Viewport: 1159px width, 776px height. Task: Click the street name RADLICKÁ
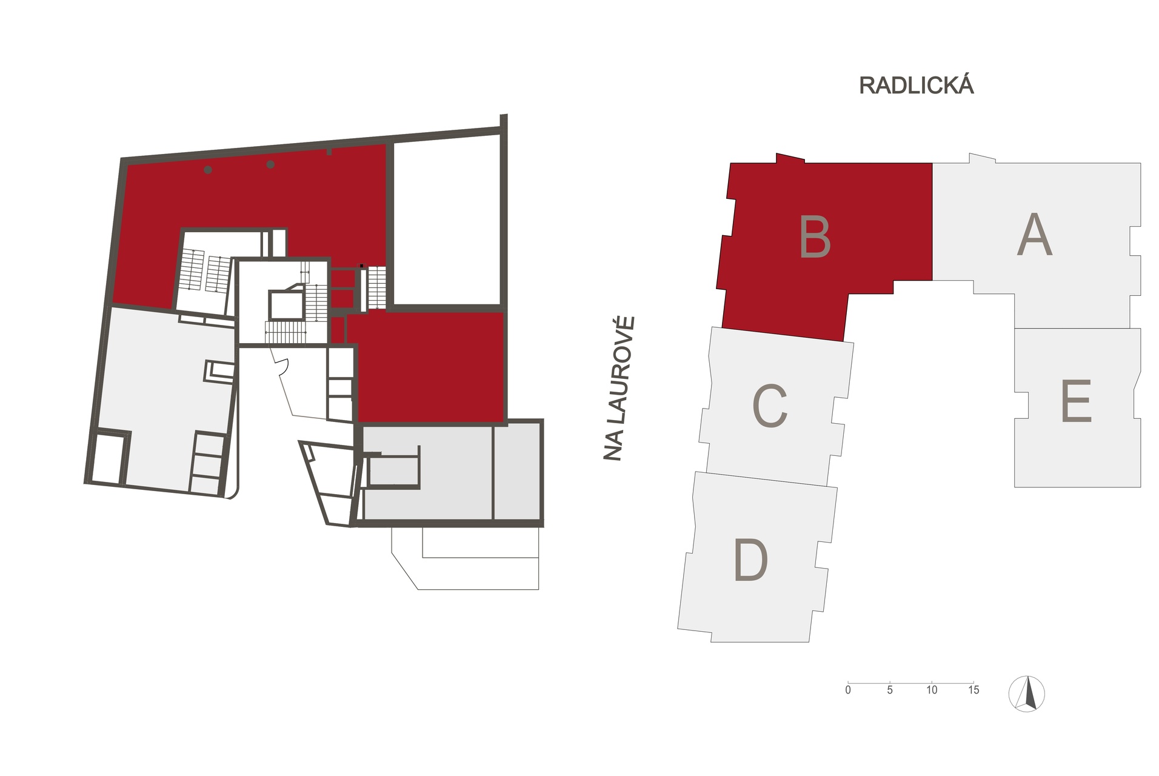(916, 85)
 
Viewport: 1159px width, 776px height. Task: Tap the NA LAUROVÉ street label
(618, 388)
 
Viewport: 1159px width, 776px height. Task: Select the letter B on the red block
(815, 237)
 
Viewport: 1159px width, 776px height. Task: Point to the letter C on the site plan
(770, 406)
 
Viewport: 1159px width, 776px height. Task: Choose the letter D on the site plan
(750, 560)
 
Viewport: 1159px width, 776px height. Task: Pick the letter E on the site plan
(1076, 401)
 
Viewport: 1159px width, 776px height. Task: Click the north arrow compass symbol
(1027, 693)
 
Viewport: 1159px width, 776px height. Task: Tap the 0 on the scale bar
(848, 690)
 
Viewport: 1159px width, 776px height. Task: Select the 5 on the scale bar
(890, 690)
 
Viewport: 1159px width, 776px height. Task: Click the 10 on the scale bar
(932, 690)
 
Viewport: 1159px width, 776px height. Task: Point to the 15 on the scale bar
(974, 690)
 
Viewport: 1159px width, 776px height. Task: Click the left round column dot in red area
(208, 170)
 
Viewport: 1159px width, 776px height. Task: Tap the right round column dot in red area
(270, 164)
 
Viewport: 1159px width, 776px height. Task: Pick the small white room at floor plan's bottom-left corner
(108, 458)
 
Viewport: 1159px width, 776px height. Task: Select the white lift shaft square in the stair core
(286, 304)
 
